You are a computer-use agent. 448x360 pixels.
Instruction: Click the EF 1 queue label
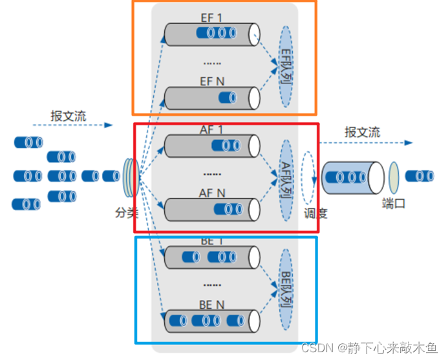[211, 19]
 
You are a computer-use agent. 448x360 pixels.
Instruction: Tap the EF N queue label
[211, 81]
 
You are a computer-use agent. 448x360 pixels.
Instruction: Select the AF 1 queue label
[211, 130]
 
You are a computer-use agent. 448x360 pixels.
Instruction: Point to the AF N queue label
[211, 193]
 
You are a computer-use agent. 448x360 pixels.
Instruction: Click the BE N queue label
[212, 304]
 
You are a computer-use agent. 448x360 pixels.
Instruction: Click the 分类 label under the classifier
[126, 211]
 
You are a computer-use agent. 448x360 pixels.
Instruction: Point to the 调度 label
[315, 213]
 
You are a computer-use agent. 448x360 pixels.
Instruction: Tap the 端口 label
[393, 204]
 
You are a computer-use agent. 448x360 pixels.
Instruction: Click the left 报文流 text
[69, 116]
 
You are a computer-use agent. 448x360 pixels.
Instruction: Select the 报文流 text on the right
[363, 132]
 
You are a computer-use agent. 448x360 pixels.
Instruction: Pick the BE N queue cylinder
[211, 319]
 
